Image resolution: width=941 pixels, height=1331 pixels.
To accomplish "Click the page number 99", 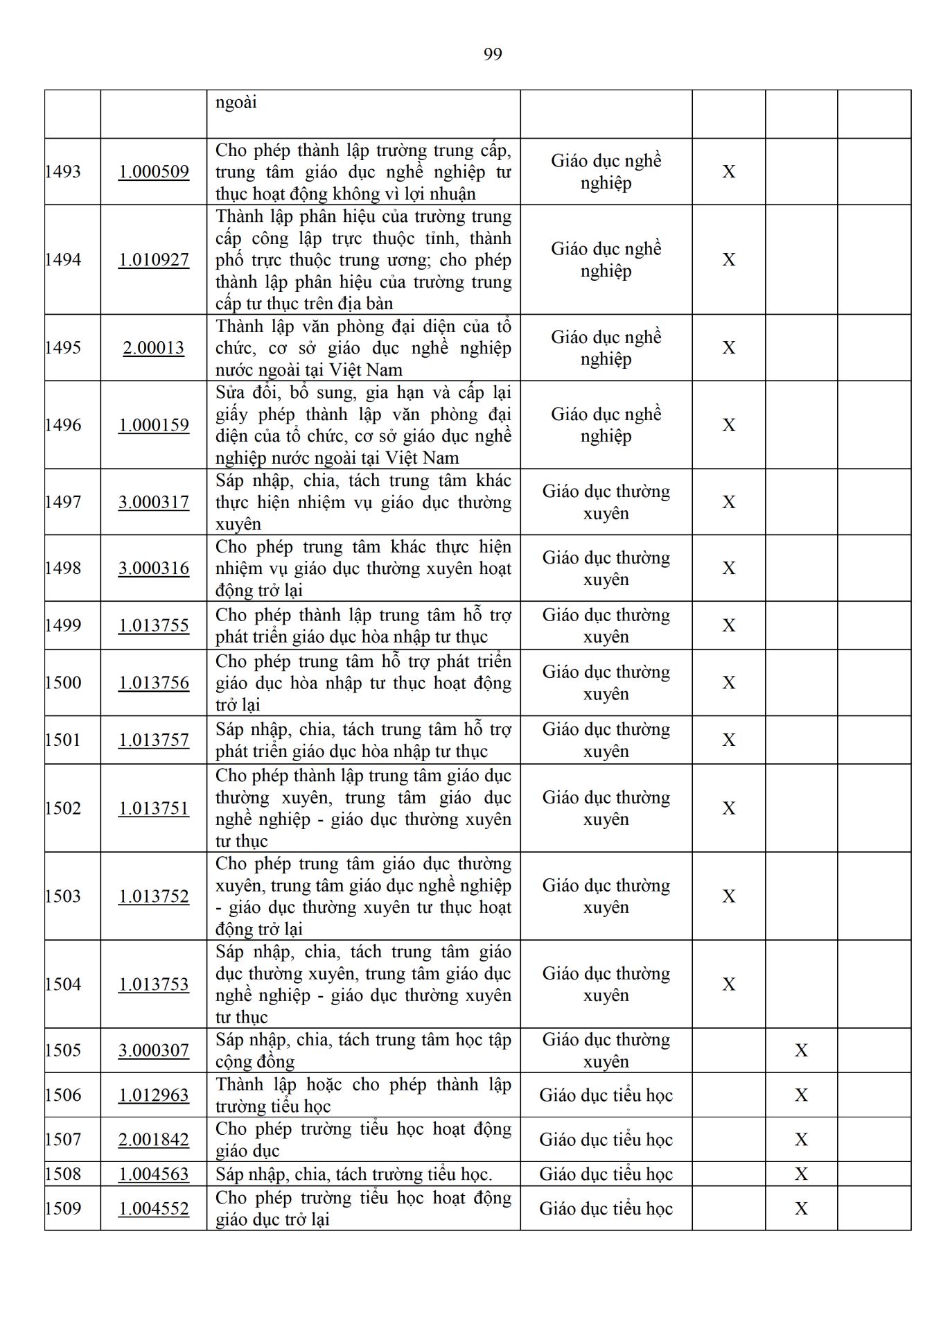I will (x=493, y=54).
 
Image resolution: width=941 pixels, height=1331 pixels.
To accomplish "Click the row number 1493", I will (x=63, y=171).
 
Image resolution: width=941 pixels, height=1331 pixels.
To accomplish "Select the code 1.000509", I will (x=154, y=171).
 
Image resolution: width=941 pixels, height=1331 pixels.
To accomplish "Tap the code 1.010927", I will (x=154, y=259).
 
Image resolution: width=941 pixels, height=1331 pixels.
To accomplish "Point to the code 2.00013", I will (x=154, y=347).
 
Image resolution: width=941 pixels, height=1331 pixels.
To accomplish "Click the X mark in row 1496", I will (x=729, y=425).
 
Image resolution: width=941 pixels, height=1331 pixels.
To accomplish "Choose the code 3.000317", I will (x=154, y=502).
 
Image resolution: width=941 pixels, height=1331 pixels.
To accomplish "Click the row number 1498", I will (x=63, y=568).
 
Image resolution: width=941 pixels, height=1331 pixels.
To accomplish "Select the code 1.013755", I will (x=154, y=625).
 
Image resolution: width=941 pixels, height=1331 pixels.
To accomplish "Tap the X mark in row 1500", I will (x=729, y=683).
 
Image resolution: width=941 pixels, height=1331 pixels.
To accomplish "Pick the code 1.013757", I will (x=154, y=740).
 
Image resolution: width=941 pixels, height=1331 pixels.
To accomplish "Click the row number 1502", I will (x=63, y=808).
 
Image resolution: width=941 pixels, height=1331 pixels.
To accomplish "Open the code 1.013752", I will (x=154, y=896).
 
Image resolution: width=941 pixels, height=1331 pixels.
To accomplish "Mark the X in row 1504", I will (x=729, y=984).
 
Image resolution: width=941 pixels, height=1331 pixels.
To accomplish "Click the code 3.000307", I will (x=154, y=1050).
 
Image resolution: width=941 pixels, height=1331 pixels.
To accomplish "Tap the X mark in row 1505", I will (x=801, y=1050).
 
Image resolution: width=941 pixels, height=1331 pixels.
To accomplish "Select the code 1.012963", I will (x=154, y=1095).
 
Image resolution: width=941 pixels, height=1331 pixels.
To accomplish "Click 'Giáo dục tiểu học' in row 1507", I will (x=606, y=1139).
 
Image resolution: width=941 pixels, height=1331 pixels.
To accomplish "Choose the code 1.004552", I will (x=154, y=1208).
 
